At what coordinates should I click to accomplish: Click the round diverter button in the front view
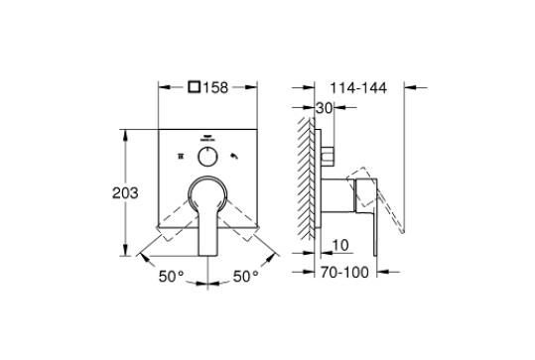(207, 158)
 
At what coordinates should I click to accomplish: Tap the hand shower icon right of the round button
(236, 158)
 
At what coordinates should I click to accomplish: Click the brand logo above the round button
(207, 138)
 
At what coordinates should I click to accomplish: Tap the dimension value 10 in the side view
(339, 245)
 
